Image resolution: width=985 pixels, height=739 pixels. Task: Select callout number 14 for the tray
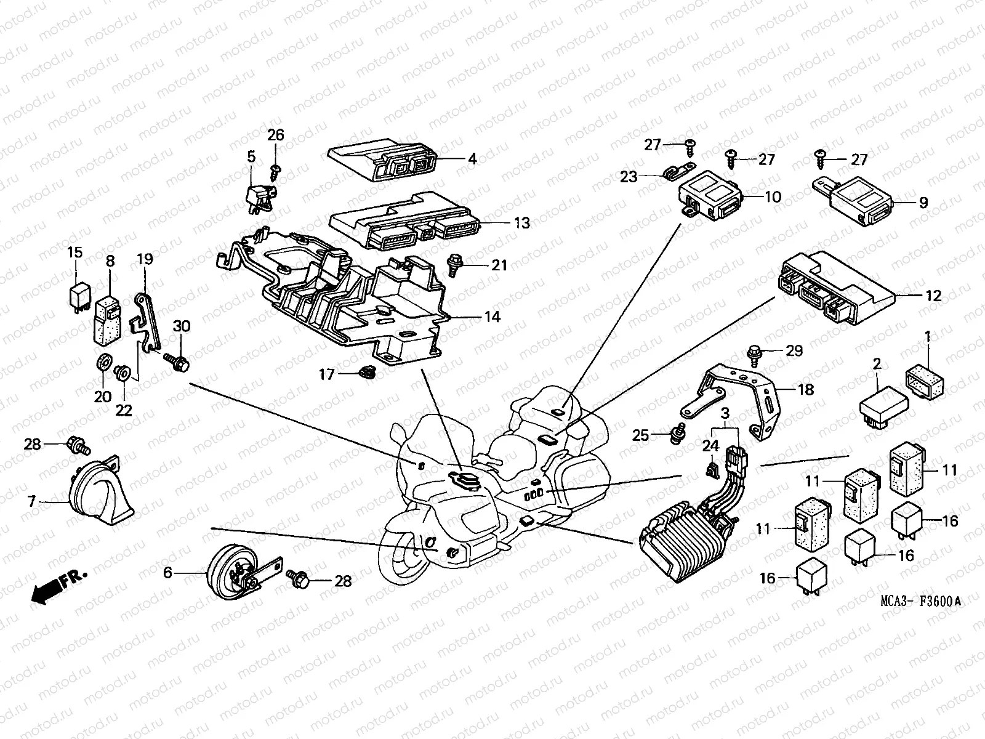492,318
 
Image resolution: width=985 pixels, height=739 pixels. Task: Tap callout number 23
629,177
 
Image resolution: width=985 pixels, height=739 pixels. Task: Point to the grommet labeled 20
103,363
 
